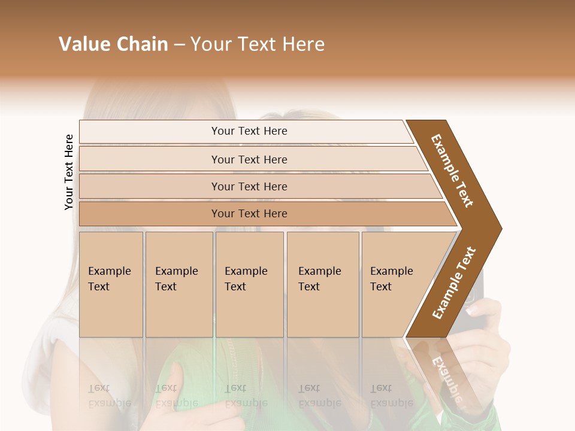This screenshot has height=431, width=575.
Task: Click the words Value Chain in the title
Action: [113, 44]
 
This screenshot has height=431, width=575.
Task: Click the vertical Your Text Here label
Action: [69, 172]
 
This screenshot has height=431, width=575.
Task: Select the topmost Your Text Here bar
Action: [249, 131]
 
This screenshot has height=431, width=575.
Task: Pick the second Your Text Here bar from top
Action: [249, 159]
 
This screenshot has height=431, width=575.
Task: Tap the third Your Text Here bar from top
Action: [249, 186]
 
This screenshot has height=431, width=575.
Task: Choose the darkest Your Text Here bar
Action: [249, 214]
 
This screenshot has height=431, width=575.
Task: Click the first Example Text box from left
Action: [111, 284]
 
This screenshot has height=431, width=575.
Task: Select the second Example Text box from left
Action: [178, 284]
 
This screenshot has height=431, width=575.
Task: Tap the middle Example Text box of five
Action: [249, 284]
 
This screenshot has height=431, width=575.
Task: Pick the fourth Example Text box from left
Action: [322, 284]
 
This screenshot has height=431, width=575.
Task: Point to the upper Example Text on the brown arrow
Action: [452, 171]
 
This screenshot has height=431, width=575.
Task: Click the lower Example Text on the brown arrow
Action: [453, 283]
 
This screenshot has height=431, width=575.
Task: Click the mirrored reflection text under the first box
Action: [110, 395]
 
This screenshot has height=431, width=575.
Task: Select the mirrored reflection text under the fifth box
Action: [392, 395]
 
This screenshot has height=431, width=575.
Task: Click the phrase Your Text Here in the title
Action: [258, 44]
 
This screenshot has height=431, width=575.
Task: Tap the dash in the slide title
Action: [179, 45]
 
